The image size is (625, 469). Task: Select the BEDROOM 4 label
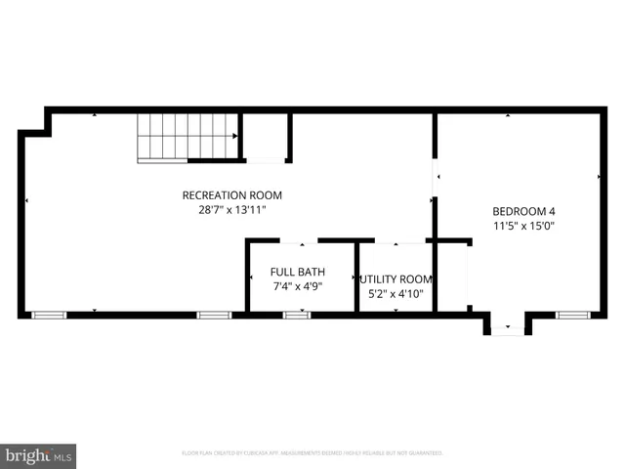[x=523, y=211]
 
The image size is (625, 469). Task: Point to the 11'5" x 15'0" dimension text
[x=523, y=226]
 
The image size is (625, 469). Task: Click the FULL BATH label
[x=298, y=272]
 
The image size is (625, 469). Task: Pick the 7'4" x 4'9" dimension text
[x=298, y=286]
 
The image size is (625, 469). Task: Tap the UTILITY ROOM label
[x=396, y=278]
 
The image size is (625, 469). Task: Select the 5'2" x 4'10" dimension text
[x=396, y=292]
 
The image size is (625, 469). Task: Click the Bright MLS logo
[x=39, y=455]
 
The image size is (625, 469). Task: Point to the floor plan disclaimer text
[x=312, y=453]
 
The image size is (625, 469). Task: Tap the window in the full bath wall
[x=297, y=315]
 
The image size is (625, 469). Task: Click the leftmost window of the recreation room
[x=48, y=315]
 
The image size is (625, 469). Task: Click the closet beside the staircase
[x=265, y=137]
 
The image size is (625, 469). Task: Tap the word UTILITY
[x=378, y=278]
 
